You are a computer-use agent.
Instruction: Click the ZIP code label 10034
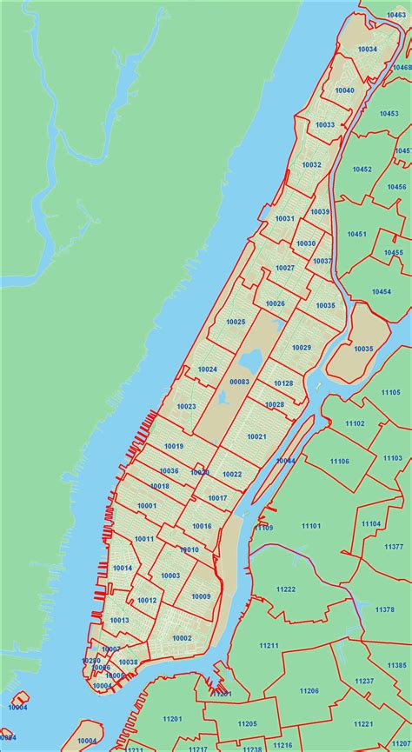(367, 50)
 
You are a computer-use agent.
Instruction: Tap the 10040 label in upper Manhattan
(344, 90)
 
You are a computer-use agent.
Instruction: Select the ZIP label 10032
(311, 164)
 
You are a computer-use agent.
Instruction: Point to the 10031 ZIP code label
(284, 218)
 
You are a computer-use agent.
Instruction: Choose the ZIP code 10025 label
(235, 322)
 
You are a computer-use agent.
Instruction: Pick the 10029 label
(302, 348)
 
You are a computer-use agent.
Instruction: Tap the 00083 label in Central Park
(239, 382)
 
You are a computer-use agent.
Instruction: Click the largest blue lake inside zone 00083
(251, 360)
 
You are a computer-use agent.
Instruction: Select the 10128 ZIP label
(283, 383)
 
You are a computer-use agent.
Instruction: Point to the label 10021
(256, 436)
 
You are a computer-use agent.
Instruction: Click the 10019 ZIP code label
(174, 446)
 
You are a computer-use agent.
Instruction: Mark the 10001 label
(147, 505)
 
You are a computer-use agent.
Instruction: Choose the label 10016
(202, 526)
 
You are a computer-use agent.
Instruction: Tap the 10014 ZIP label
(123, 568)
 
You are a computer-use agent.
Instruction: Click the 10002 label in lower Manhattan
(182, 637)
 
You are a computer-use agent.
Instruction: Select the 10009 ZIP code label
(201, 596)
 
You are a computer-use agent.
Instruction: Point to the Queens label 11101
(311, 526)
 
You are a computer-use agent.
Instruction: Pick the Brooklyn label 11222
(285, 589)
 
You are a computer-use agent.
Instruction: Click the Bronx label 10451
(356, 234)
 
